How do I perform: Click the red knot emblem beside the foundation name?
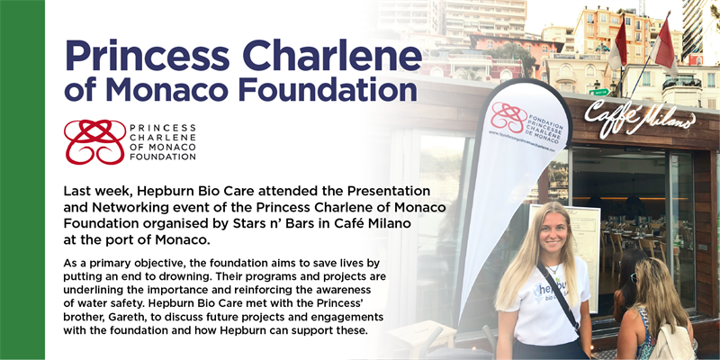(x=94, y=141)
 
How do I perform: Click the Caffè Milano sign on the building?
(x=639, y=116)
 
